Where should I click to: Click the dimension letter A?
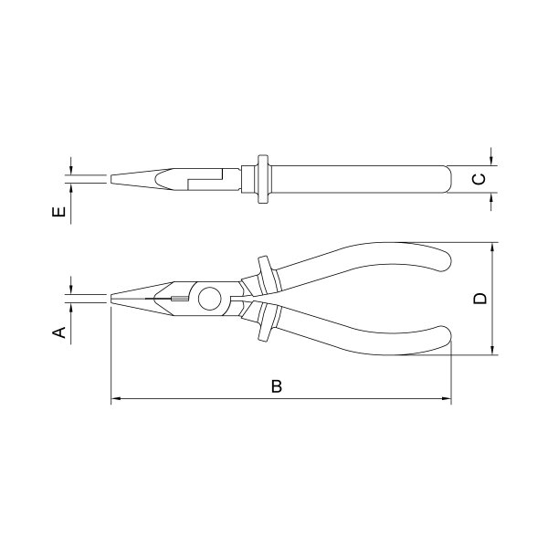point(59,332)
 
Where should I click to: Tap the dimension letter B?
point(277,386)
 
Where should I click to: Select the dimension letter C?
point(479,179)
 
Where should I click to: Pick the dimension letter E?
point(58,212)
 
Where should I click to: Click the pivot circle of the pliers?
point(210,299)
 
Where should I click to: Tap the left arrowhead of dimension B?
point(116,398)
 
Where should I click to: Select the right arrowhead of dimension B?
point(447,398)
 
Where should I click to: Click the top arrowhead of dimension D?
point(492,248)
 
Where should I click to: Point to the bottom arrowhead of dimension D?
point(492,350)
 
